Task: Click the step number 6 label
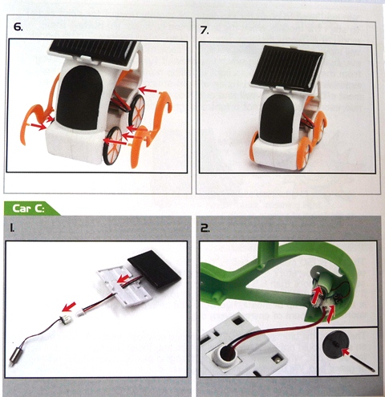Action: (18, 26)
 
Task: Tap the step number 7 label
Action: (205, 30)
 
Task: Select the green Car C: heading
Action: (28, 209)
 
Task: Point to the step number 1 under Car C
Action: (12, 228)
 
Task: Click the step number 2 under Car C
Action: (205, 228)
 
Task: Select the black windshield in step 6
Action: (79, 99)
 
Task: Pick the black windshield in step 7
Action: (276, 120)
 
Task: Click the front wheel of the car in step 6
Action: (113, 145)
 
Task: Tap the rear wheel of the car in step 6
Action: (136, 111)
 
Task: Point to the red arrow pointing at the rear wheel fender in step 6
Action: (148, 90)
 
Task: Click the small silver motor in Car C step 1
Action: (13, 354)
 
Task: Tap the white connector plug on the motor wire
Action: (64, 318)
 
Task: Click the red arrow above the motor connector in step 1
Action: (69, 307)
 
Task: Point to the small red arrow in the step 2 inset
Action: (346, 353)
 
